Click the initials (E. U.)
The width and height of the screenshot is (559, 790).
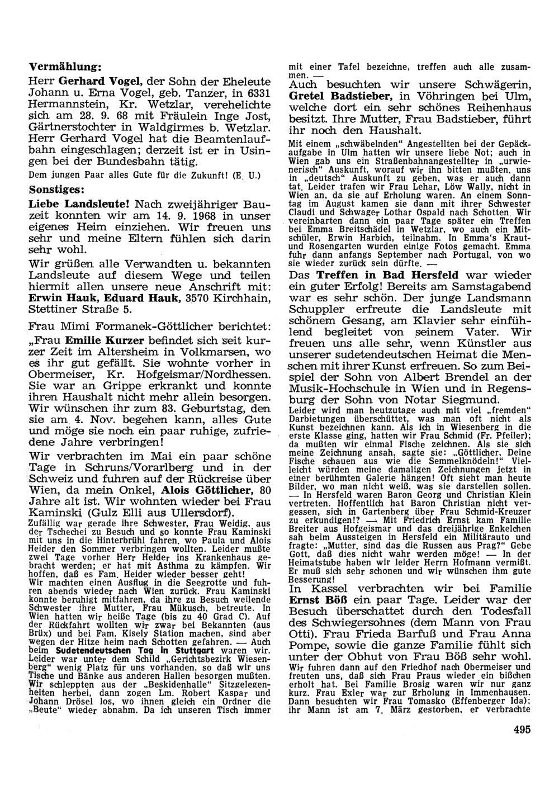pos(248,176)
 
